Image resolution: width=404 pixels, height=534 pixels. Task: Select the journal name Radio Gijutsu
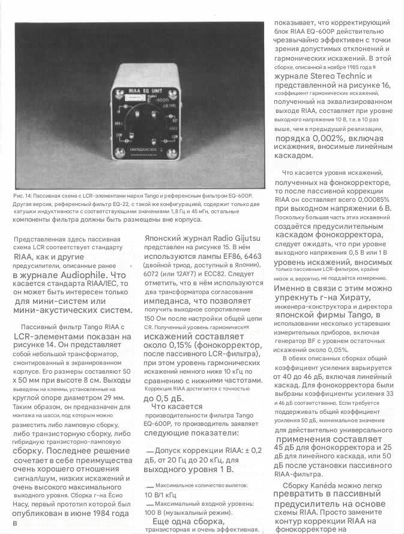click(235, 238)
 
